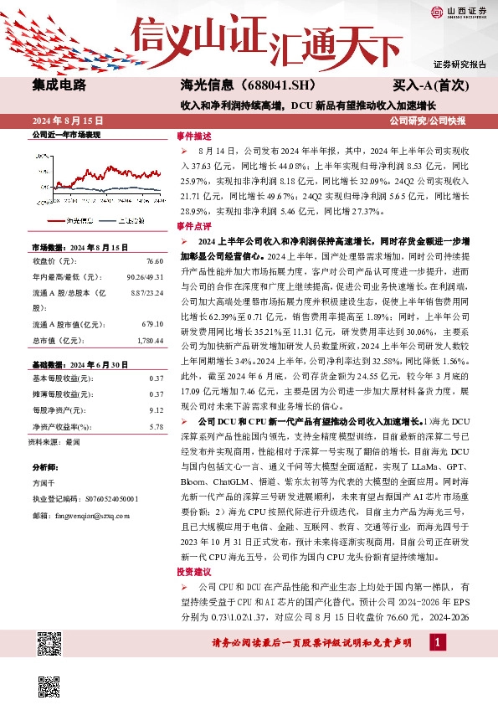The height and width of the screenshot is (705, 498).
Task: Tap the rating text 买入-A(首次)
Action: coord(430,85)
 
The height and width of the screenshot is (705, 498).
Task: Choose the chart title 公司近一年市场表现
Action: coord(65,134)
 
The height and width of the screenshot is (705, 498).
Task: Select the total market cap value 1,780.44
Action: coord(147,340)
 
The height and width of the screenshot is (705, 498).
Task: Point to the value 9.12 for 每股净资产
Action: coord(155,411)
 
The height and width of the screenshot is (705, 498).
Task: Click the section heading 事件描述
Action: coord(189,134)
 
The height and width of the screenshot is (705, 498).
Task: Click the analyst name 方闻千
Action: coord(44,483)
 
